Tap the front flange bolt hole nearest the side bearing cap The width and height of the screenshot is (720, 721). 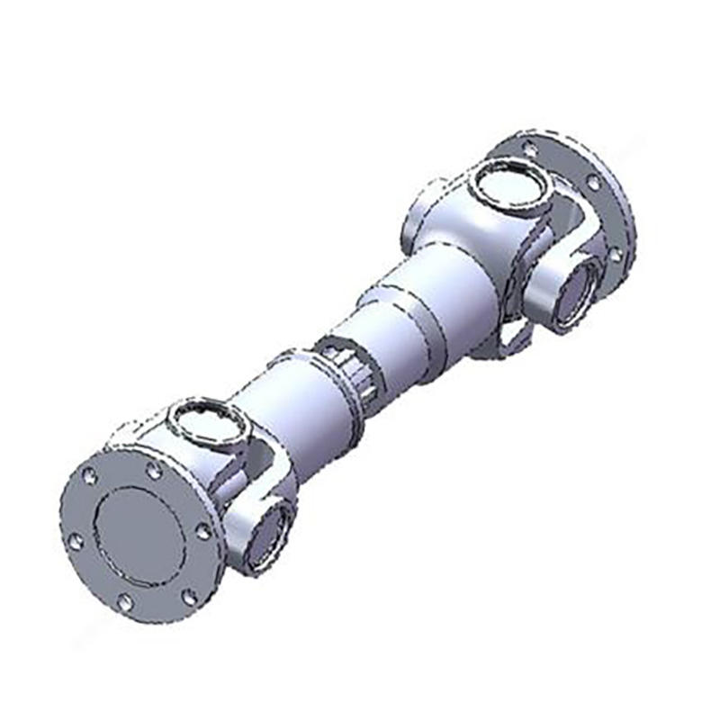[203, 531]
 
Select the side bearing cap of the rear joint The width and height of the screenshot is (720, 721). [577, 293]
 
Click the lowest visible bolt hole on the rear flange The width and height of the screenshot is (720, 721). [616, 255]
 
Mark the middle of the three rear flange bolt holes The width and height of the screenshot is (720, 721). [593, 183]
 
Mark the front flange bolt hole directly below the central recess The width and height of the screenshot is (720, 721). [126, 600]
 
